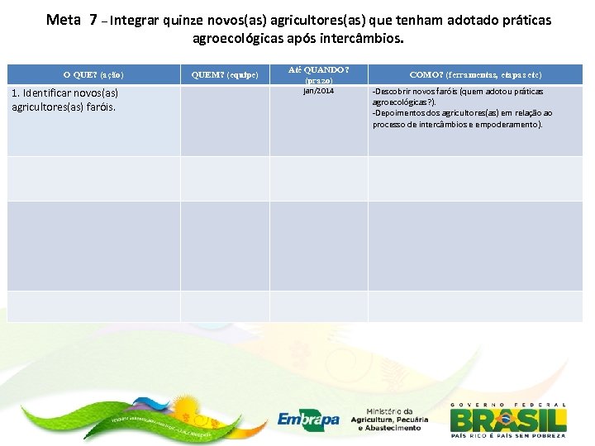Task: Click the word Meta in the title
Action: (63, 19)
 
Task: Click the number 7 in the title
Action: (93, 19)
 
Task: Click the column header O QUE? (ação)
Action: (93, 74)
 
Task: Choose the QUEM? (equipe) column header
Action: (225, 74)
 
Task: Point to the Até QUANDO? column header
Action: (318, 70)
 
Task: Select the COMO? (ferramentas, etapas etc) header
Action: (475, 74)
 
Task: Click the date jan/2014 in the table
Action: (318, 91)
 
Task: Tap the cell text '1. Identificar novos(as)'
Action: (65, 93)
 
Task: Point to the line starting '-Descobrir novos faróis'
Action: (458, 91)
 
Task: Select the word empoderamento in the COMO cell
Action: (511, 124)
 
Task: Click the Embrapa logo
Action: (307, 419)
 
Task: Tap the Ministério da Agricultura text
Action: (385, 420)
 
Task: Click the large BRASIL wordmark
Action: (507, 419)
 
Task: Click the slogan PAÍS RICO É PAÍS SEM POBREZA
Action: (507, 434)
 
